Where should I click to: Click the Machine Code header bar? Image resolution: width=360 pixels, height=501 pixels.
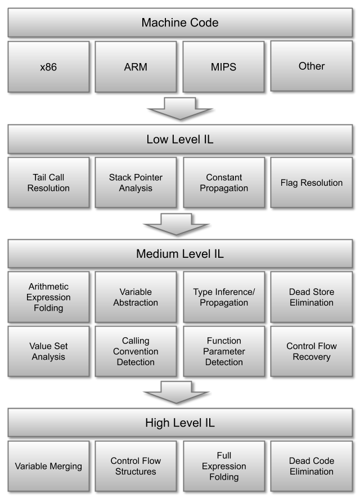[x=180, y=23]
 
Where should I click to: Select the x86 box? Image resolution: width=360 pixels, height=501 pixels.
[x=48, y=67]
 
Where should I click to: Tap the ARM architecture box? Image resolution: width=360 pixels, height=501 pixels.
[x=136, y=67]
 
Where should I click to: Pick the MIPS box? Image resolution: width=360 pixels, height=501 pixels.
[x=223, y=67]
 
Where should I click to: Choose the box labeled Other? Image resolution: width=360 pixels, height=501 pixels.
[x=312, y=66]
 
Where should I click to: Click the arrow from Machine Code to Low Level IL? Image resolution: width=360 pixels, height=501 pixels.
[x=180, y=109]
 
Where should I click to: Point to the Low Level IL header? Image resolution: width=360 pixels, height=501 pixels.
[x=180, y=139]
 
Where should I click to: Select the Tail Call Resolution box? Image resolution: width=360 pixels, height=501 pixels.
[x=48, y=182]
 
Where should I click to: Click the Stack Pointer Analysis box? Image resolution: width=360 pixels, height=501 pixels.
[x=136, y=182]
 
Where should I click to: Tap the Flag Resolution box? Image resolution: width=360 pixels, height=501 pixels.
[x=312, y=182]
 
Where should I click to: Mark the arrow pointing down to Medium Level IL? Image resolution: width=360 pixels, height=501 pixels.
[x=176, y=224]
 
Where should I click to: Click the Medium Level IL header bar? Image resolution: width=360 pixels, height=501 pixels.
[x=180, y=254]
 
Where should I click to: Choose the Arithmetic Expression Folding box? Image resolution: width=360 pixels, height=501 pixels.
[x=48, y=297]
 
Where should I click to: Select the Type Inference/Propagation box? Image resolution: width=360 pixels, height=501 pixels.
[x=224, y=297]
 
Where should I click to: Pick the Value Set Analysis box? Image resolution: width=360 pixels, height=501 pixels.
[x=48, y=351]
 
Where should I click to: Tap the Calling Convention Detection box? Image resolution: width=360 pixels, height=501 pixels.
[x=136, y=351]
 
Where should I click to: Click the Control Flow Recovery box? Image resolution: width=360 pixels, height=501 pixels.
[x=312, y=351]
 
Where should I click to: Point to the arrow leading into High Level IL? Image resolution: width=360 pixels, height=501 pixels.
[x=176, y=392]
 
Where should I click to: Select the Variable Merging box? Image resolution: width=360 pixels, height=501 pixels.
[x=48, y=466]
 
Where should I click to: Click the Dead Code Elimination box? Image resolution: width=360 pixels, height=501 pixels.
[x=312, y=466]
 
